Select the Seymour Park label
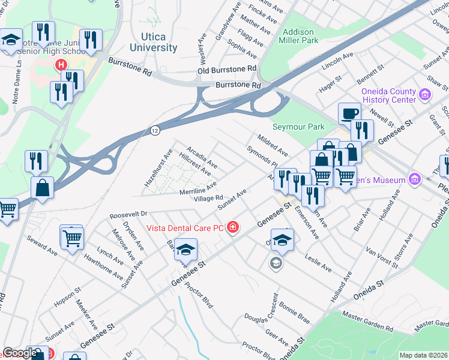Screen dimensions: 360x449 [x=298, y=127]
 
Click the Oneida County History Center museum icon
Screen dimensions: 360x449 [x=424, y=94]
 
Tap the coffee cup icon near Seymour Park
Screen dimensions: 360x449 [x=349, y=113]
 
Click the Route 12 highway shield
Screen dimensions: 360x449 [x=155, y=130]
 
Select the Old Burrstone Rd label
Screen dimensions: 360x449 [x=227, y=71]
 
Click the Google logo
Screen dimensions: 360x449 [x=20, y=353]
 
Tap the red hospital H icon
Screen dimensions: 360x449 [x=60, y=65]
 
